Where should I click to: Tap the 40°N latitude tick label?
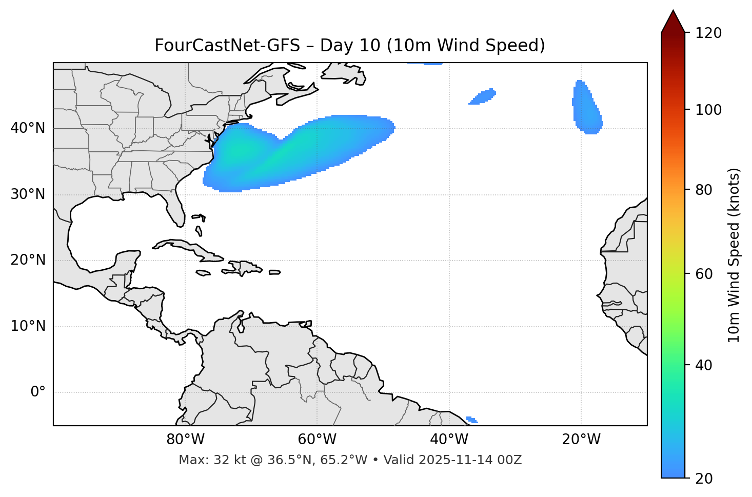pos(28,128)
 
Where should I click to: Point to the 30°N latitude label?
pos(28,194)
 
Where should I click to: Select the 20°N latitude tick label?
pos(28,260)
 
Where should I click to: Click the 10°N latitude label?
pos(28,326)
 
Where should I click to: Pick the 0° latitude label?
pos(38,392)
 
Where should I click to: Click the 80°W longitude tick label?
pos(185,440)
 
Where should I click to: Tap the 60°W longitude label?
pos(317,440)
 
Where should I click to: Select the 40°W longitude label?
pos(449,440)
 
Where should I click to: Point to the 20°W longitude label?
pos(581,440)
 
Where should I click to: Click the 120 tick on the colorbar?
pos(708,33)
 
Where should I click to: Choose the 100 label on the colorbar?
pos(708,110)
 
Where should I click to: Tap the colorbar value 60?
pos(705,274)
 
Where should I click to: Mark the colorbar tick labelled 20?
pos(705,479)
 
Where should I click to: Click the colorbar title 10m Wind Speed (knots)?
pos(734,255)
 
